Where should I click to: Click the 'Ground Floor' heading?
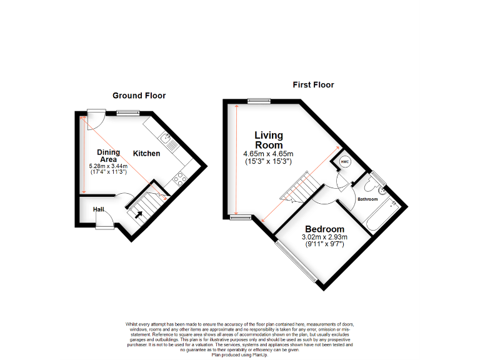pos(139,96)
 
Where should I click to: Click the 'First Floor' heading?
pos(313,84)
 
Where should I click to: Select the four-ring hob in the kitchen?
pos(179,179)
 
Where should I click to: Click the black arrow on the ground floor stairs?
pos(138,214)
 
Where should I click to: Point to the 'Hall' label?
pos(99,209)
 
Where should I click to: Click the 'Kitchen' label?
pos(146,153)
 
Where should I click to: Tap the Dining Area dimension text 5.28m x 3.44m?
pos(108,166)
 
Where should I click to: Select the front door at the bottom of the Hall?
pos(104,226)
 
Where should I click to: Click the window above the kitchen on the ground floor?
pos(127,112)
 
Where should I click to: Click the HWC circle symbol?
pos(344,162)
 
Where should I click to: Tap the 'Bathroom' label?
pos(367,199)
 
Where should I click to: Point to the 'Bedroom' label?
pos(324,229)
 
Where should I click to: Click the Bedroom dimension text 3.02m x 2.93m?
pos(324,237)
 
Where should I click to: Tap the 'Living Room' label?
pos(269,140)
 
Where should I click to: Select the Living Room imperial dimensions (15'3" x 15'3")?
pos(268,161)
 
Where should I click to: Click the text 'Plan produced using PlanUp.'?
pos(240,354)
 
